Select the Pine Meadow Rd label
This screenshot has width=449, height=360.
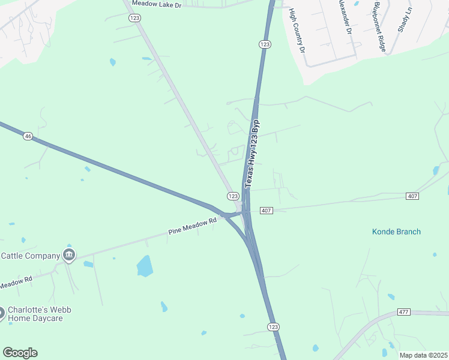pos(192,227)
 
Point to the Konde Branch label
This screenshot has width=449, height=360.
pos(396,232)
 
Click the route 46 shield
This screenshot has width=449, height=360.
pos(28,137)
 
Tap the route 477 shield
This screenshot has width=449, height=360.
pos(403,313)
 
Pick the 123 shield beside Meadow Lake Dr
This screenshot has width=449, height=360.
pos(134,19)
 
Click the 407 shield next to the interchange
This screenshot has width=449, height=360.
pos(267,211)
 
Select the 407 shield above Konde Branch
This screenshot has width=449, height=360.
pos(412,196)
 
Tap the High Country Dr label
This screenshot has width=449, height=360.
pos(297,30)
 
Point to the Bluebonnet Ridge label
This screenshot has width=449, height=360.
pos(379,27)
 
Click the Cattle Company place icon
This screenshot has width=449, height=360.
pos(69,256)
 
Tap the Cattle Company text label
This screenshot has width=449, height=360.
pos(30,256)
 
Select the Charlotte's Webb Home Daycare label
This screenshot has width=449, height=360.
pos(35,314)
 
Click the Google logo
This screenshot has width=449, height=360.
pos(20,353)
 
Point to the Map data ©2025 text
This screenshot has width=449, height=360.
pos(423,355)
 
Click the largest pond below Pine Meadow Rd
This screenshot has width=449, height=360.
pos(145,266)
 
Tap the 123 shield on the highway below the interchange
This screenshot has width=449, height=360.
pos(273,326)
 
